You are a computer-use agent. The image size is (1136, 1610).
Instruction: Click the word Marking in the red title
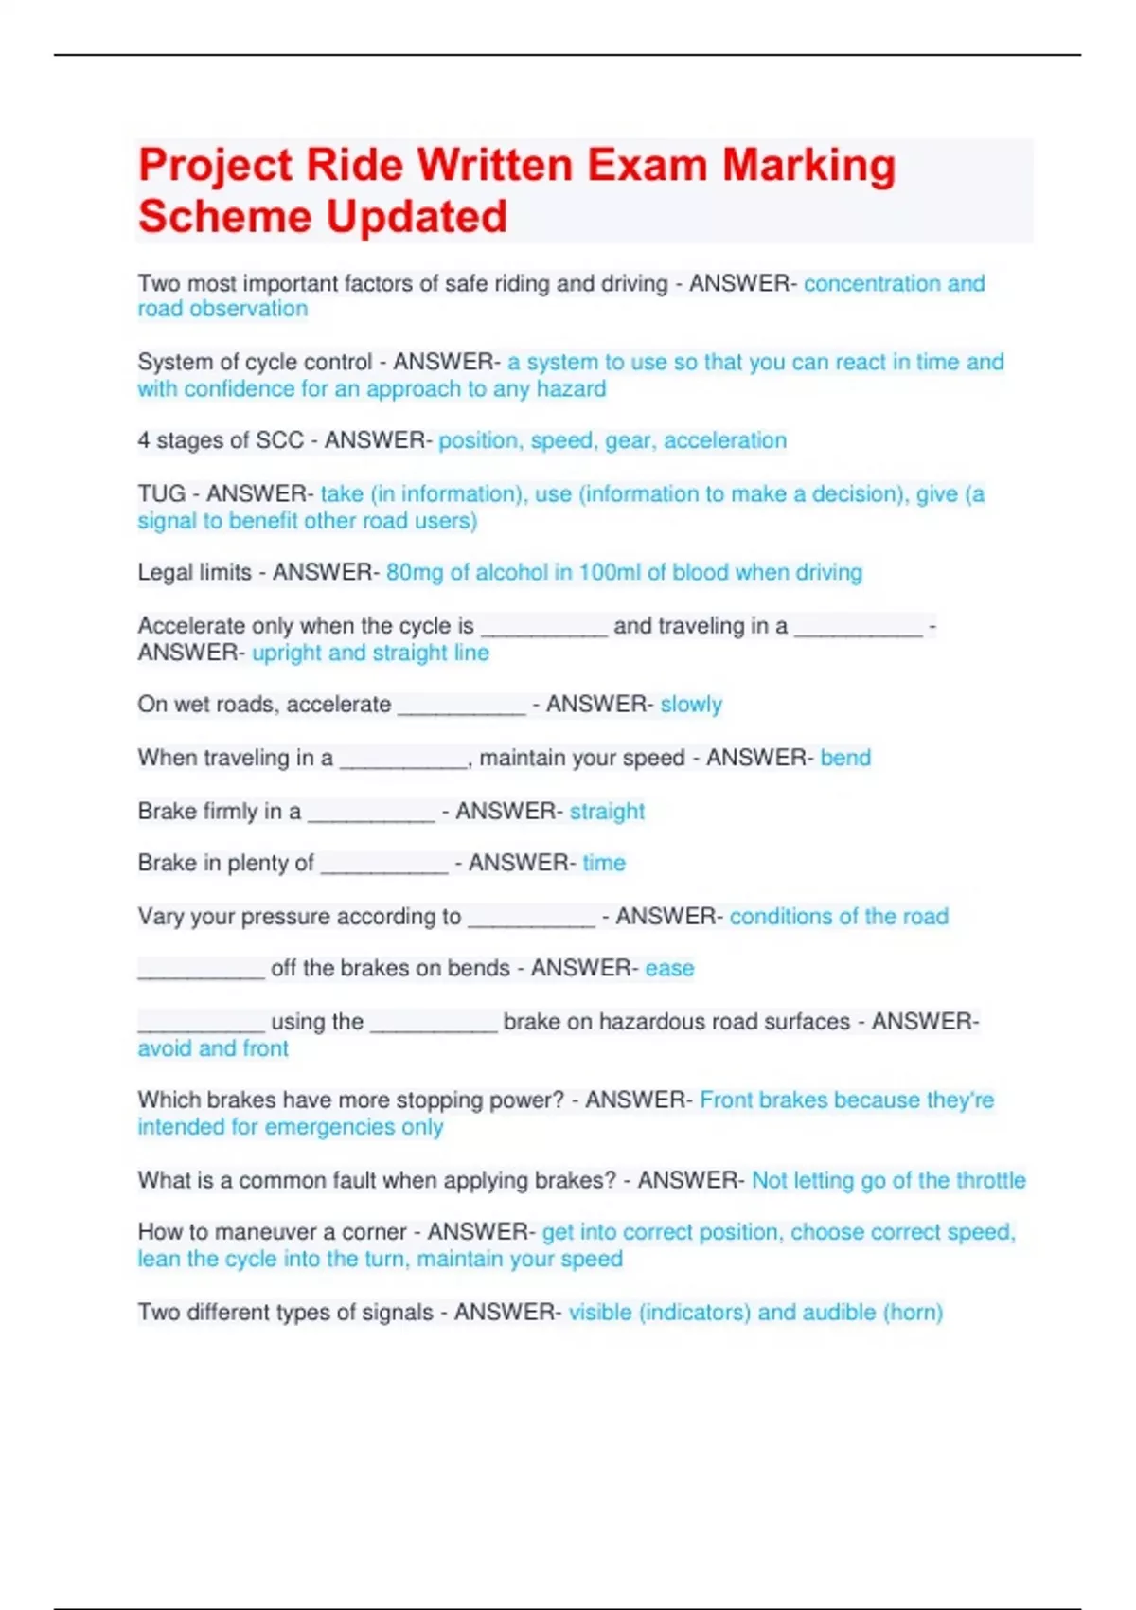click(x=808, y=166)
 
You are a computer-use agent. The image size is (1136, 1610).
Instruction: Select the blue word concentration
click(x=872, y=283)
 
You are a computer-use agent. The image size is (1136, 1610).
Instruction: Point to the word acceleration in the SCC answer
click(x=725, y=440)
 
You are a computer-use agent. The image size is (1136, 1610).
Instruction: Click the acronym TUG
click(x=161, y=493)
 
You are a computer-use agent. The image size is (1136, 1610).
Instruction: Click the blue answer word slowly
click(x=691, y=705)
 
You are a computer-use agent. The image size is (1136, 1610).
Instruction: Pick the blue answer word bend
click(x=845, y=758)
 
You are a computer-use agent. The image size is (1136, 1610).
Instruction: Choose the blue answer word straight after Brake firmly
click(x=607, y=812)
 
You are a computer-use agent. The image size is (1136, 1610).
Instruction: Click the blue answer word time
click(x=604, y=863)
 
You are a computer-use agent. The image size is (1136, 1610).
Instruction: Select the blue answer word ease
click(x=669, y=968)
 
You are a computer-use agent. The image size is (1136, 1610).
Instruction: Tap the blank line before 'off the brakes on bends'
click(x=201, y=973)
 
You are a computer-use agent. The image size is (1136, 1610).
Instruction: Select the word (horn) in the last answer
click(x=913, y=1313)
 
